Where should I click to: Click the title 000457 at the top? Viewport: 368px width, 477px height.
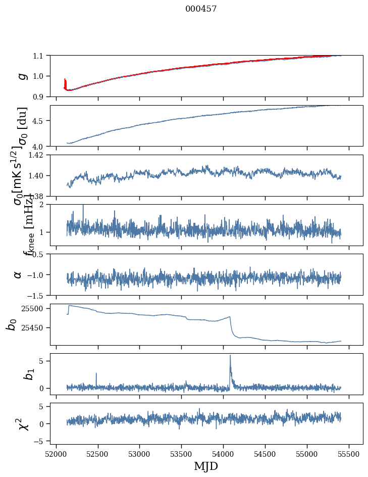pyautogui.click(x=201, y=9)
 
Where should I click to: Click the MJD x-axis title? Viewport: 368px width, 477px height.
pyautogui.click(x=206, y=466)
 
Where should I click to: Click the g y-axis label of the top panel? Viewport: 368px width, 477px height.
pyautogui.click(x=22, y=76)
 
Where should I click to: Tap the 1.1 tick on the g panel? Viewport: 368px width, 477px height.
pyautogui.click(x=39, y=56)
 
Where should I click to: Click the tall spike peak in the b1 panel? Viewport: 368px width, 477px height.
pyautogui.click(x=230, y=355)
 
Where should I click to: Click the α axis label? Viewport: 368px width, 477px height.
pyautogui.click(x=18, y=274)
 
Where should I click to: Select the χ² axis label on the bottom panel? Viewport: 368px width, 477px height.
pyautogui.click(x=23, y=424)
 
